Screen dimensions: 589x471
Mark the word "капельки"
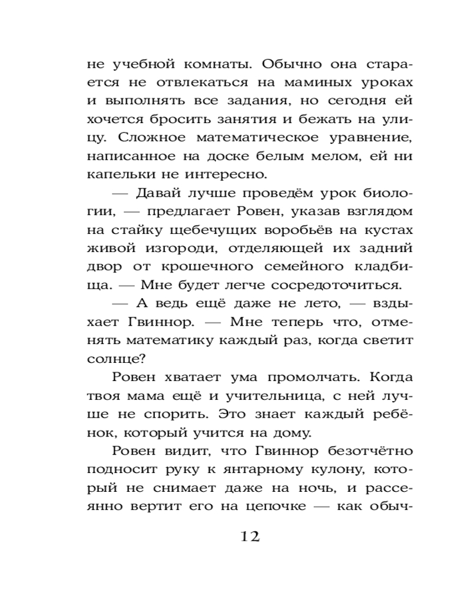pos(115,176)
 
